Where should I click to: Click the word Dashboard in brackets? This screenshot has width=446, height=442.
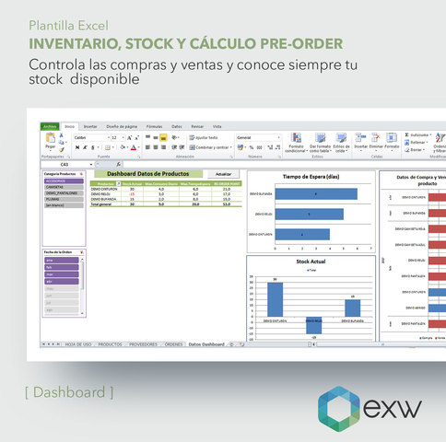tap(69, 392)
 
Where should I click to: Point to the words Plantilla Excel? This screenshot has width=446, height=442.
tap(65, 25)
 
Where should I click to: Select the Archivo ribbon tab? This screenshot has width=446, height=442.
tap(50, 125)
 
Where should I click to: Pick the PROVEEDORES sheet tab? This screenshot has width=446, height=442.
tap(142, 344)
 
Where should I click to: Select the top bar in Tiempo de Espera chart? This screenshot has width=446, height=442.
tap(316, 194)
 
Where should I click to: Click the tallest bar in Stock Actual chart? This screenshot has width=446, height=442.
tap(275, 299)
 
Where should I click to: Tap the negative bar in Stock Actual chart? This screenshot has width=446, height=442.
tap(313, 326)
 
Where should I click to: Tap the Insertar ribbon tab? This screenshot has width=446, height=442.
tap(90, 125)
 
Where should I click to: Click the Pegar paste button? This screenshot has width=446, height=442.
tap(50, 144)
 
